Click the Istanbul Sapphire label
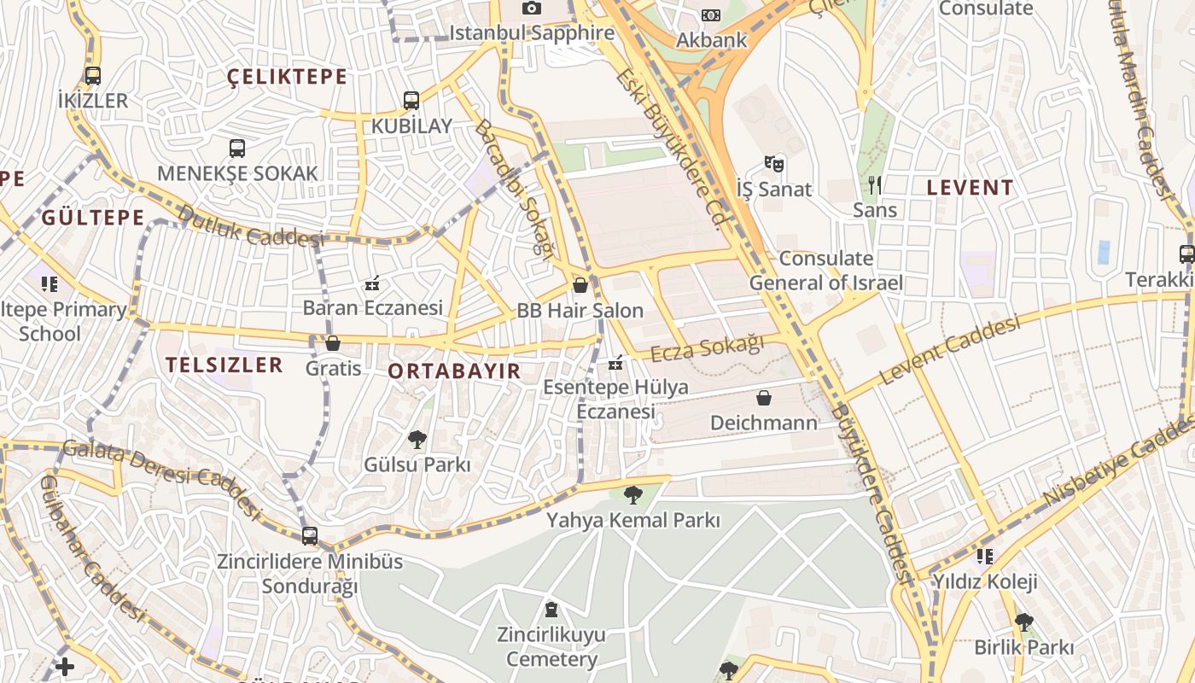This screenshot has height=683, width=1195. (x=532, y=33)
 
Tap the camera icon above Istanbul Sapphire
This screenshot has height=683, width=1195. (x=532, y=9)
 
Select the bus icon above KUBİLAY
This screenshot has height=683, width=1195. (x=411, y=101)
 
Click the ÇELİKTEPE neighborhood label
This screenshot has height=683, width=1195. (x=288, y=77)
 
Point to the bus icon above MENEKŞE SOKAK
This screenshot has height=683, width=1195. (x=237, y=149)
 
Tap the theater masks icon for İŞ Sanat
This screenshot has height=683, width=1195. (x=774, y=163)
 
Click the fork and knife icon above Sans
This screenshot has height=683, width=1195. (x=874, y=184)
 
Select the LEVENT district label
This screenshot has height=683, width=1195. (x=971, y=188)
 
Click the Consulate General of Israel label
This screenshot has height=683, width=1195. (x=825, y=271)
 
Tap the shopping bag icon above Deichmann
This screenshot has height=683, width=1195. (x=764, y=398)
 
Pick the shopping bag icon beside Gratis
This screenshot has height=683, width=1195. (x=333, y=343)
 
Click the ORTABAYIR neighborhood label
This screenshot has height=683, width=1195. (x=454, y=371)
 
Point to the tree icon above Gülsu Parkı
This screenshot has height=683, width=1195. (x=417, y=440)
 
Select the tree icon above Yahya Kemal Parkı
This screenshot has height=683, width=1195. (x=632, y=494)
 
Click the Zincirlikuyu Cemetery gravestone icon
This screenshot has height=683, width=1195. (x=551, y=610)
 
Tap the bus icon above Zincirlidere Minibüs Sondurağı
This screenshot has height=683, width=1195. (x=310, y=536)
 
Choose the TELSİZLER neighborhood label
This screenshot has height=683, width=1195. (x=224, y=365)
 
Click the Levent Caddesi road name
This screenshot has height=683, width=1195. (x=949, y=350)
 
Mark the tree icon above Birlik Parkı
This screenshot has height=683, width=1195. (x=1023, y=622)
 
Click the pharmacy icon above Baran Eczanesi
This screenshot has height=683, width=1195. (x=372, y=283)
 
